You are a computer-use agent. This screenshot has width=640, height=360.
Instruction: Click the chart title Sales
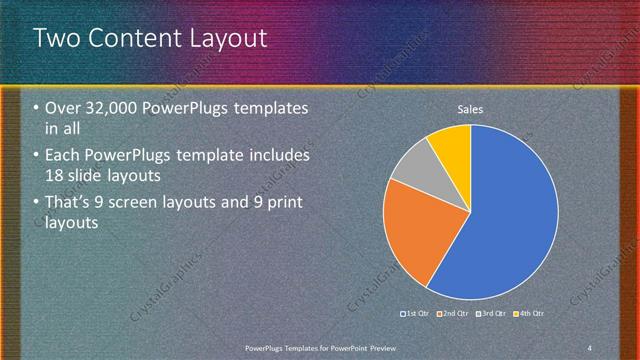tap(470, 109)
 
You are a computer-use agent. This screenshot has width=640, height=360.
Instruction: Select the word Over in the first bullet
tap(62, 108)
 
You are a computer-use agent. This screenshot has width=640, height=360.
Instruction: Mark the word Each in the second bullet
tap(62, 156)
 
